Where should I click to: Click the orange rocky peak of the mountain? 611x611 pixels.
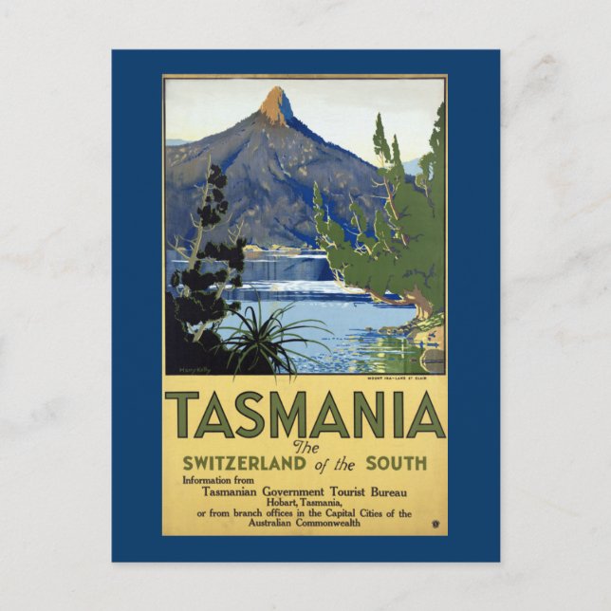click(x=277, y=105)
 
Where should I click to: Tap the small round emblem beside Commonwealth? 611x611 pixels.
click(x=434, y=523)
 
